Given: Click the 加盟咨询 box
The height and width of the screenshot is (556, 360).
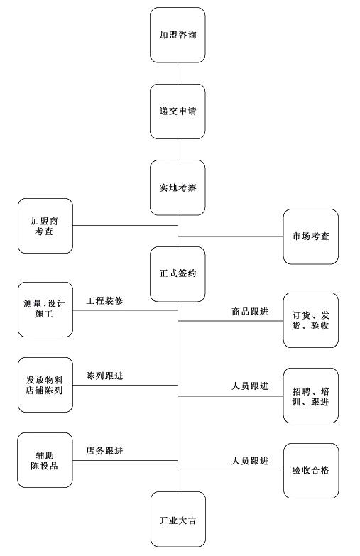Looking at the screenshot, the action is point(178,35).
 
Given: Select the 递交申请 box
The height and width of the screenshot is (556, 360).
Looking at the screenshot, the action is point(178,111).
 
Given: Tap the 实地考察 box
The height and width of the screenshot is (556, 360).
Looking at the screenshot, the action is point(178,187).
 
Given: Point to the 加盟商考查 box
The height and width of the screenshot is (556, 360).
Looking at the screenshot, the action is point(45,226).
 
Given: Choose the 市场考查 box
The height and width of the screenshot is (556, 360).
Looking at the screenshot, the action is point(311,236).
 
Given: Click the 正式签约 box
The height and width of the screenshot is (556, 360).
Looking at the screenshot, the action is point(178,274).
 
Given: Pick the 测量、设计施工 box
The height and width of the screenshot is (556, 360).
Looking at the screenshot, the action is point(45,310).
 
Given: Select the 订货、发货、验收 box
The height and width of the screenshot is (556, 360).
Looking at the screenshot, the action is point(311,320).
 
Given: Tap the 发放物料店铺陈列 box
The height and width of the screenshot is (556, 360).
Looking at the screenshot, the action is point(45,385).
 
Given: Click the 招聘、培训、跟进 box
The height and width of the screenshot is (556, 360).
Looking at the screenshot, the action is point(311,396).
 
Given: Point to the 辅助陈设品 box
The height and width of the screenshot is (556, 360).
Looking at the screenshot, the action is point(45,460).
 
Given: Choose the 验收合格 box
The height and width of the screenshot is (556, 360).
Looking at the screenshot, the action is point(311,471).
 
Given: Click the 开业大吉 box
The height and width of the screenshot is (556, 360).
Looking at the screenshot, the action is point(178,519).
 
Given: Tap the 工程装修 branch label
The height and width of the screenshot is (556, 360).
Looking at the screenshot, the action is point(104,300).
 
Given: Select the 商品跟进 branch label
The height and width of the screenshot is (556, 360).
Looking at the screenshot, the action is point(250,311).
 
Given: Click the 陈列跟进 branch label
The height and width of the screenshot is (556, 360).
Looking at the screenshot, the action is point(104,376).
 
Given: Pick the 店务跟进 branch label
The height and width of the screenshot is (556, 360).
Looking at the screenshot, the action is point(104,451).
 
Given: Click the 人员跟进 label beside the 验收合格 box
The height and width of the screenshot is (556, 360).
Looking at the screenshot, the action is point(250,461).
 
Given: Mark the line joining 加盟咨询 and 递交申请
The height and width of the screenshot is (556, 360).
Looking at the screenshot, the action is point(178,73).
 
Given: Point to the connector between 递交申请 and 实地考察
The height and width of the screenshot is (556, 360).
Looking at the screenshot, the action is point(178,150).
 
